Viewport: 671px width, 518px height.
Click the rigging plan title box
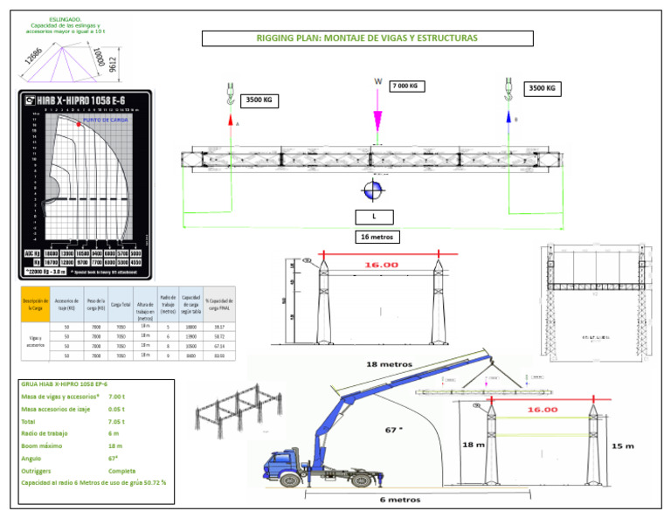(367, 38)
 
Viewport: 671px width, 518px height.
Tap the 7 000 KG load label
(407, 86)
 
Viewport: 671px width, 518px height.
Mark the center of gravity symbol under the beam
(373, 190)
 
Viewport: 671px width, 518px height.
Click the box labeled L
(374, 217)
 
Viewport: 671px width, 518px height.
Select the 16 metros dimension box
(379, 237)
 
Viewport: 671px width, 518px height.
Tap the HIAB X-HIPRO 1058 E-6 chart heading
(85, 102)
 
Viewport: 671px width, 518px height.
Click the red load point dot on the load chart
(79, 125)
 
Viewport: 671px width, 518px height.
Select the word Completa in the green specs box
(120, 470)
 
